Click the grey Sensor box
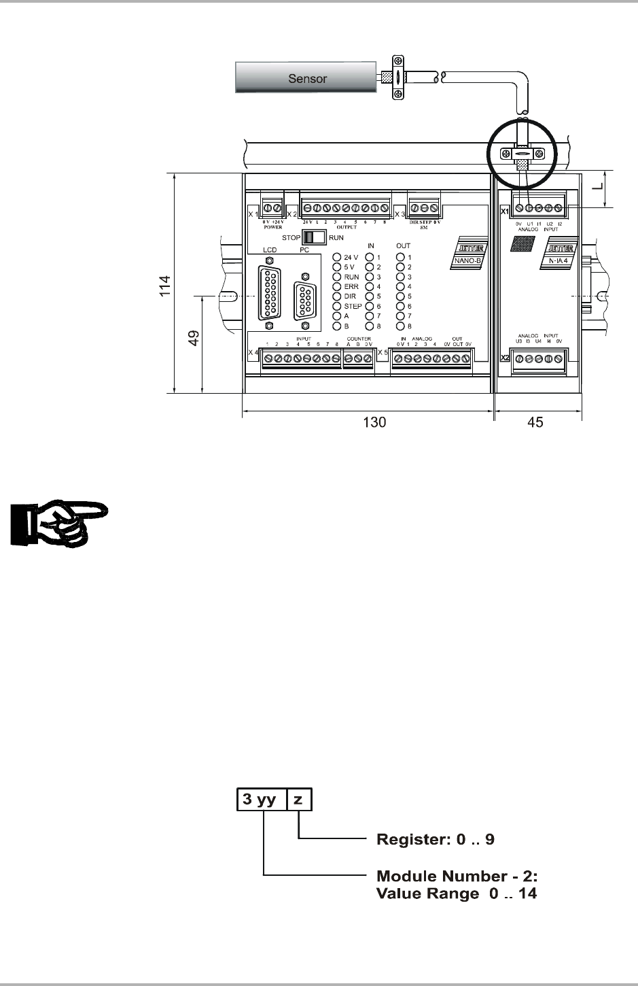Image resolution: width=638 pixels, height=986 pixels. [306, 78]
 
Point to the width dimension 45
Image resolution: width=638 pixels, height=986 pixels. [535, 422]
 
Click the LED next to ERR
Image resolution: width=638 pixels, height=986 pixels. [337, 287]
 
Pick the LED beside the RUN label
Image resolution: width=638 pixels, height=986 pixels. [337, 277]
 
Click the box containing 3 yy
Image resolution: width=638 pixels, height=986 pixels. [261, 800]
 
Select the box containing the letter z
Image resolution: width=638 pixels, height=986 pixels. [299, 800]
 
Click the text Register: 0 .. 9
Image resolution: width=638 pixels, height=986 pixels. [436, 839]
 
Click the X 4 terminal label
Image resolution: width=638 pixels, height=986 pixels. [253, 352]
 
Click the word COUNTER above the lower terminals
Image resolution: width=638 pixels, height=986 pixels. [358, 338]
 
